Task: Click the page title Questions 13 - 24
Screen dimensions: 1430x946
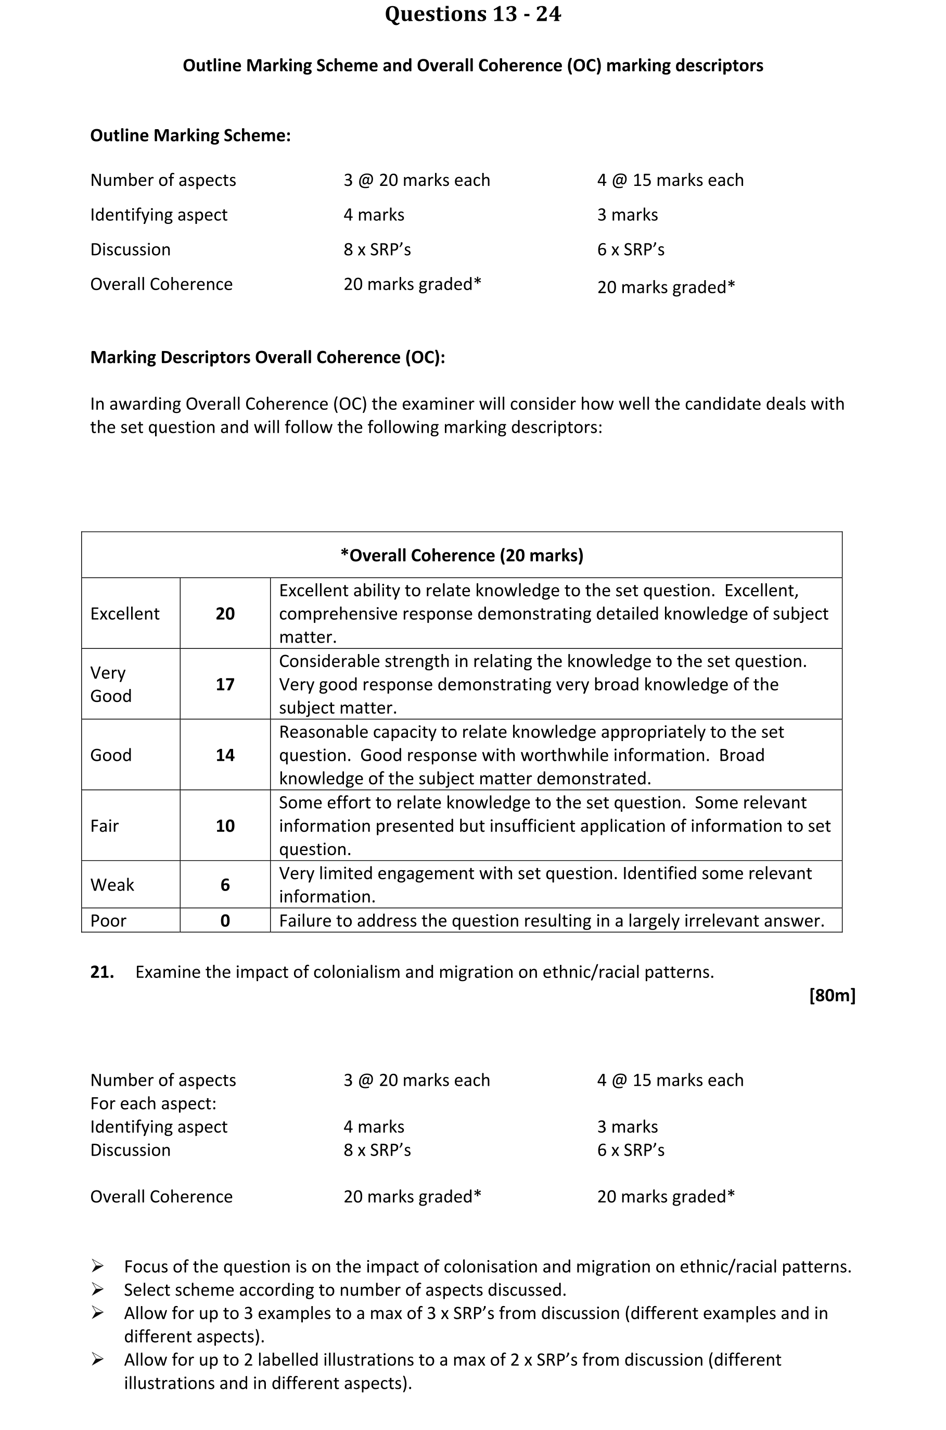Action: coord(472,14)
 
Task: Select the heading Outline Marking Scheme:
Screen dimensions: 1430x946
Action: coord(190,135)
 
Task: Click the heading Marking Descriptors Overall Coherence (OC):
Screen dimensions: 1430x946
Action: coord(267,357)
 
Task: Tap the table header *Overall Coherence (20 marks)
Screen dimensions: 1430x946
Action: coord(462,555)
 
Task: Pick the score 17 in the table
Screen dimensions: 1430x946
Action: coord(225,684)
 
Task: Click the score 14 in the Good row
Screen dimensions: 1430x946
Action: coord(225,755)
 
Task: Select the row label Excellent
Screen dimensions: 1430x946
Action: coord(125,614)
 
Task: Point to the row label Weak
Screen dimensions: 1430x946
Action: coord(112,885)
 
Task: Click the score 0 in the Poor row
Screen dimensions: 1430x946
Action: coord(225,921)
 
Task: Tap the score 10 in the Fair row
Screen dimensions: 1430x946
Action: coord(225,826)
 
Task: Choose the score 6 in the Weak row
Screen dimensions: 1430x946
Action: coord(225,885)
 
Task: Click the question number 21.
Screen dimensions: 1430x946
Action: coord(102,972)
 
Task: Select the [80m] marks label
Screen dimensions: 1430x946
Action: coord(832,995)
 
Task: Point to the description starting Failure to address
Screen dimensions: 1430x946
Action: coord(551,921)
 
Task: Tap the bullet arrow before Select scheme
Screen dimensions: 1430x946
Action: coord(97,1290)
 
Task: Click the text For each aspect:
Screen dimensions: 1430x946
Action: coord(153,1103)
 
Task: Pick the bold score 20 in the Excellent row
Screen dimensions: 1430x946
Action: coord(225,614)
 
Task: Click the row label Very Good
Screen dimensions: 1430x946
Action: coord(110,684)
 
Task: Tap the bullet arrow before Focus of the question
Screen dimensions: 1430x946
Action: coord(97,1266)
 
